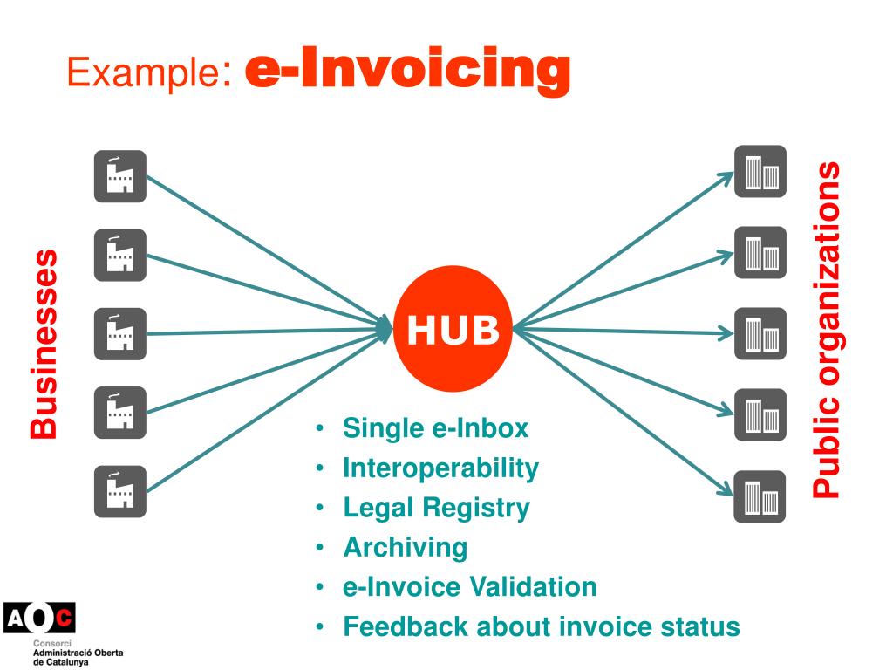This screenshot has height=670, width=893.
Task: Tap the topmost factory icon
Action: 120,177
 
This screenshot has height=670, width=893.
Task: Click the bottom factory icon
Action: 120,491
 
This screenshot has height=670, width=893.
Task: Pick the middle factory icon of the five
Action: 120,334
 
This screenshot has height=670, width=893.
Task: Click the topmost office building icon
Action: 760,171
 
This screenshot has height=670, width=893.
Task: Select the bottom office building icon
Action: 760,496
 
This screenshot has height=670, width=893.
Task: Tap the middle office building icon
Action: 760,334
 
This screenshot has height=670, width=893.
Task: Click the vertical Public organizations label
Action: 828,329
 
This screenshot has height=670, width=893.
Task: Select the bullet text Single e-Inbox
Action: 435,428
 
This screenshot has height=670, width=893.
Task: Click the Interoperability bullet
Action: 440,468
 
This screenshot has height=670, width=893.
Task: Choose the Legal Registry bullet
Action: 436,508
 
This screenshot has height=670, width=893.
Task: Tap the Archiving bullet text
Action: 406,548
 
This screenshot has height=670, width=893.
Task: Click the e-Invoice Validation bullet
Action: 470,587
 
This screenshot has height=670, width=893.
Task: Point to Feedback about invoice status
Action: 542,626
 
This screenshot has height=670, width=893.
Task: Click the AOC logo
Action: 39,619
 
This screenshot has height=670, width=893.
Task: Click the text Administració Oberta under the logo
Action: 78,653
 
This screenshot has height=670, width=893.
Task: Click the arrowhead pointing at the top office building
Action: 726,177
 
